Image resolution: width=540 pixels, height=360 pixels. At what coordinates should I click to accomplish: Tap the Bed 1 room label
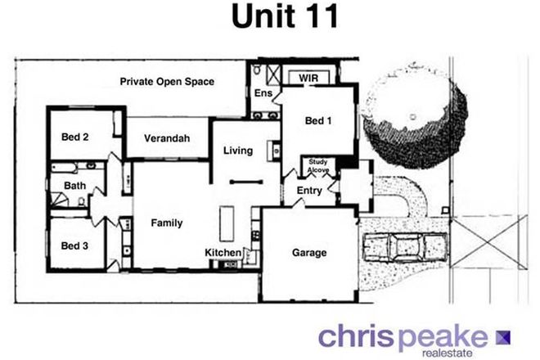(318, 120)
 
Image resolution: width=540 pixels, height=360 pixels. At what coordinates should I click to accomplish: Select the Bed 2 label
(75, 137)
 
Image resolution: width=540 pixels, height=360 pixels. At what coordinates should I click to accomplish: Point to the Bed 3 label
(75, 245)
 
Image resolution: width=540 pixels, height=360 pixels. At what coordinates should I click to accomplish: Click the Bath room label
(74, 186)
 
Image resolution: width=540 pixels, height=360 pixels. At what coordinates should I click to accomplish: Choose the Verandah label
(167, 139)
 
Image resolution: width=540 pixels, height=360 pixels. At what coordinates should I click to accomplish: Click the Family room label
(166, 223)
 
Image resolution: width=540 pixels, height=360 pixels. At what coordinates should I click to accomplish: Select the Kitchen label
(223, 252)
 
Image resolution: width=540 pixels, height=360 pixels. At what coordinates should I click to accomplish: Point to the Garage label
(309, 253)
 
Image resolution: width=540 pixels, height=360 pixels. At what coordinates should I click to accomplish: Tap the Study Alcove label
(318, 164)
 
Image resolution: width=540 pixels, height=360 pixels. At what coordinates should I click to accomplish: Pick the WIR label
(308, 78)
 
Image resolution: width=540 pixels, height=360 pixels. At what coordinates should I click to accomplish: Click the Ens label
(263, 95)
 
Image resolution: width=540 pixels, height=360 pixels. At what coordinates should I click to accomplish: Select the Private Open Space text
(167, 82)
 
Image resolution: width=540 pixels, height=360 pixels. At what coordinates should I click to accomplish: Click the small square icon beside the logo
(502, 335)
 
